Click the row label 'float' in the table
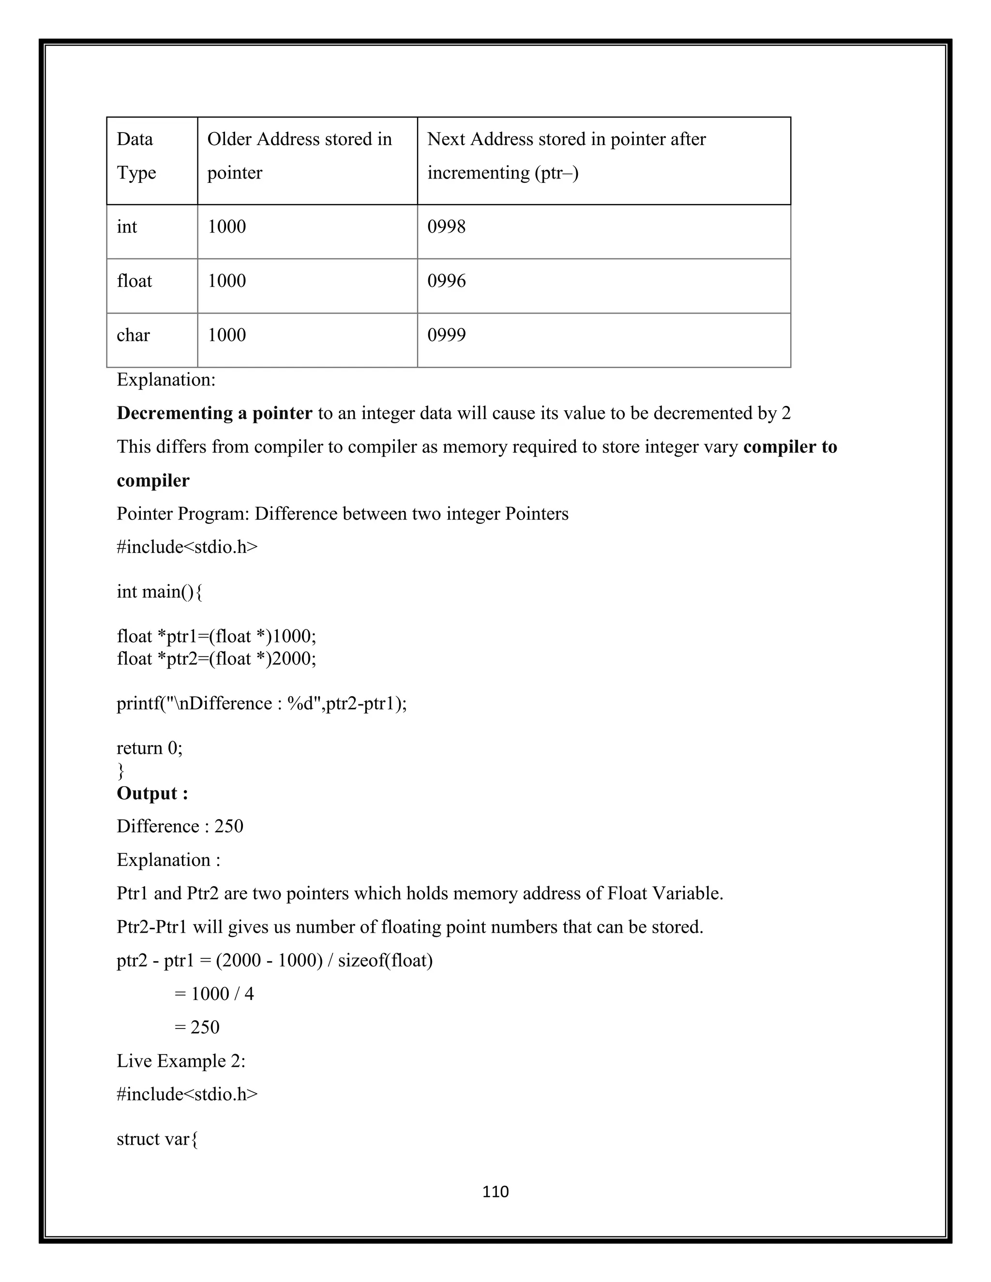[135, 281]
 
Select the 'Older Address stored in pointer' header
[300, 156]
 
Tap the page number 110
[495, 1191]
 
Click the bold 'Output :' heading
[152, 793]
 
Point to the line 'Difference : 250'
[180, 826]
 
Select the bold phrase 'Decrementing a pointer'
[214, 413]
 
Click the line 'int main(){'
[160, 591]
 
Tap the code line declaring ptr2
[216, 658]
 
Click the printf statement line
[261, 703]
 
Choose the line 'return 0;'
[150, 748]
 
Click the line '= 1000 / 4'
[214, 994]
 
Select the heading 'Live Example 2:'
[181, 1061]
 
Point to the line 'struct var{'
[157, 1139]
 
